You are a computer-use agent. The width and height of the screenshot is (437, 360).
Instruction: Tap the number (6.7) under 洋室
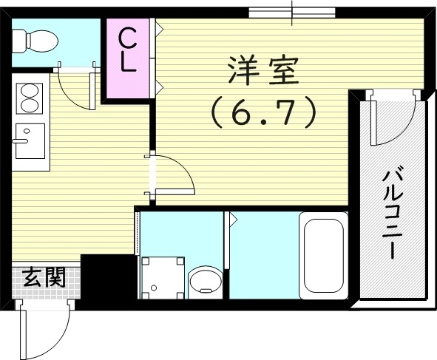(263, 112)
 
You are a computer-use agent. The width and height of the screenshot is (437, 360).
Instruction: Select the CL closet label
(127, 49)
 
